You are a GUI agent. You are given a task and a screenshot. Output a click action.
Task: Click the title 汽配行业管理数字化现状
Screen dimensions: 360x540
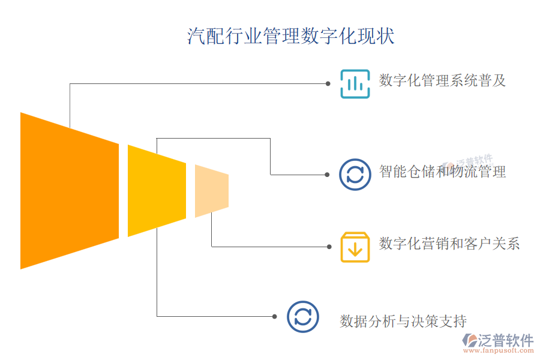291,36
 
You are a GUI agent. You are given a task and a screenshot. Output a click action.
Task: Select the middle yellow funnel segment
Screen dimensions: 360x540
157,190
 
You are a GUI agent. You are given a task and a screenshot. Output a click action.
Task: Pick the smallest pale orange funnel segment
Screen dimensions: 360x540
211,190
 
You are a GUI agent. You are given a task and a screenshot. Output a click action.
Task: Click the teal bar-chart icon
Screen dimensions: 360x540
355,83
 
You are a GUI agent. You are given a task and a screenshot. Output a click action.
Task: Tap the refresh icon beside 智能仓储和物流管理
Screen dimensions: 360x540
355,174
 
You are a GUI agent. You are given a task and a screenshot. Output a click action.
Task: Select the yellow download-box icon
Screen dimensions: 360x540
355,246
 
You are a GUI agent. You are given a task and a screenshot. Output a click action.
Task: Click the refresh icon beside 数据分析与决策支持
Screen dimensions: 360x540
302,316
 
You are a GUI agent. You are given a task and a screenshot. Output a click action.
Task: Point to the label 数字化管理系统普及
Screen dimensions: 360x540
443,80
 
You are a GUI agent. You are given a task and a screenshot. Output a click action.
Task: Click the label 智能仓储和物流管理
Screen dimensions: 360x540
443,172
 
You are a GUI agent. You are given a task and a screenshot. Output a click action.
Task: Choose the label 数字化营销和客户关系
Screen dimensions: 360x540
449,244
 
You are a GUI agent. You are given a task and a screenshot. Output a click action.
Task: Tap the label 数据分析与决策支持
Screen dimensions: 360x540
403,321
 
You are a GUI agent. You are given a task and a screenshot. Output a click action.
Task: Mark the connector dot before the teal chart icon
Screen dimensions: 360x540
328,83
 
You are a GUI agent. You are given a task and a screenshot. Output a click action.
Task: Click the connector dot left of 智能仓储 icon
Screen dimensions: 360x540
327,175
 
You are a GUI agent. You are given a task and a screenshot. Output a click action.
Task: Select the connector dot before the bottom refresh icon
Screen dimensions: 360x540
274,316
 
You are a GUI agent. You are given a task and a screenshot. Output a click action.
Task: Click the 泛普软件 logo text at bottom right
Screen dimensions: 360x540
505,340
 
